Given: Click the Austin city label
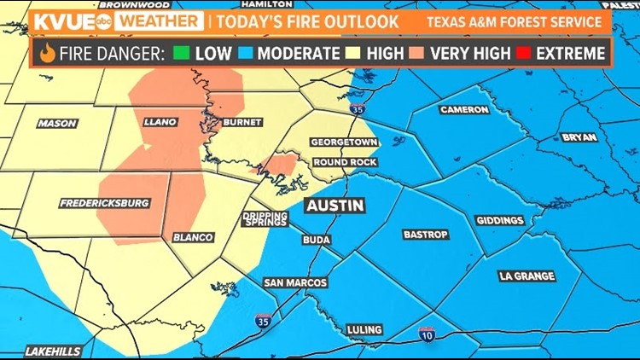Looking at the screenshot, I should (335, 206).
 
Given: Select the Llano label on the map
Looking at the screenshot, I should (160, 122).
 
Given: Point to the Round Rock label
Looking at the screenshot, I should (345, 162).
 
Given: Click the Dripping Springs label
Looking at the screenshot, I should (265, 218).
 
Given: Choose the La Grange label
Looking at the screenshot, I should (527, 276).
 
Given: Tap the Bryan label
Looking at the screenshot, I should (579, 136).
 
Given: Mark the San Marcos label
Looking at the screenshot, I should (294, 282).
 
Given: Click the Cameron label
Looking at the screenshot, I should (464, 110).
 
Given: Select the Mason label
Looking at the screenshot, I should (58, 124).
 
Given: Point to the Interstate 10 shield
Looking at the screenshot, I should (427, 334).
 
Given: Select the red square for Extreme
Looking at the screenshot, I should (522, 53).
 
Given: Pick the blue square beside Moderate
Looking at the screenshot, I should (245, 53).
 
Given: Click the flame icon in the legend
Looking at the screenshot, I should (47, 53).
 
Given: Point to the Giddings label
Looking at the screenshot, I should (499, 220).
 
